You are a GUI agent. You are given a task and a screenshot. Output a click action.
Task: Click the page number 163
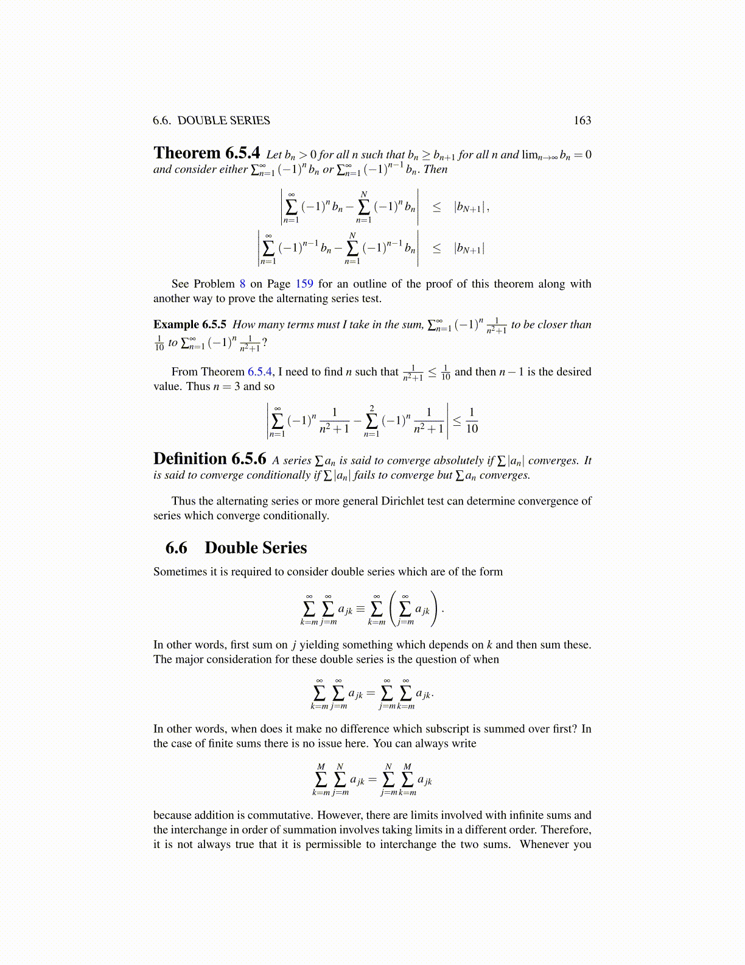click(x=582, y=121)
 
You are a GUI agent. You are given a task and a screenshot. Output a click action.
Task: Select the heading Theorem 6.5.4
click(x=206, y=153)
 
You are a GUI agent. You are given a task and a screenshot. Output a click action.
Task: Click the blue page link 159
click(x=304, y=284)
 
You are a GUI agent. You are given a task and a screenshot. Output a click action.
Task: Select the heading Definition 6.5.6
click(x=209, y=459)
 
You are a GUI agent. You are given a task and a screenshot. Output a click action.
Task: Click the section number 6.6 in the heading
click(x=177, y=548)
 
